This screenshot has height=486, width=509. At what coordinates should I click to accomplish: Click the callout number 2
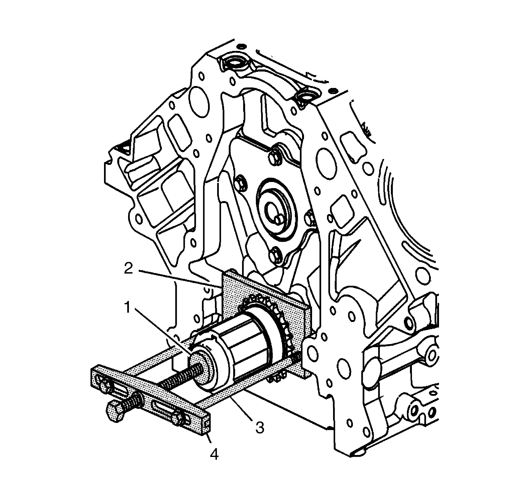tap(128, 269)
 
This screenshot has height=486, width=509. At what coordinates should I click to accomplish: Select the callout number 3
tap(259, 427)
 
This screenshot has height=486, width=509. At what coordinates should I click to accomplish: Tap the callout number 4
tap(214, 454)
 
